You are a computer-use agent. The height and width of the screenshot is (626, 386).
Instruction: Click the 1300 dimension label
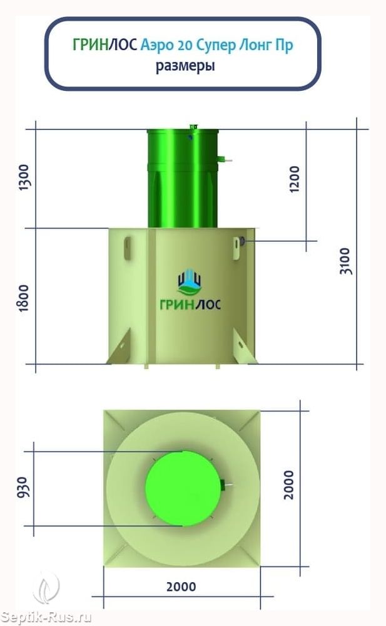click(24, 177)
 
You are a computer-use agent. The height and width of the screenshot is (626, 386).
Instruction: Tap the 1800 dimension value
click(24, 298)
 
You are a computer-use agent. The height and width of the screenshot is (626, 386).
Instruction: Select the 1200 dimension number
click(294, 179)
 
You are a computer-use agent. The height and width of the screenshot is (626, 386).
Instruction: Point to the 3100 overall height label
click(345, 261)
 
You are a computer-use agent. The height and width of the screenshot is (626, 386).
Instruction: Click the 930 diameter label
click(23, 488)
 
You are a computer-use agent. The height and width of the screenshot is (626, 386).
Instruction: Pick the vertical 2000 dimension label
click(288, 484)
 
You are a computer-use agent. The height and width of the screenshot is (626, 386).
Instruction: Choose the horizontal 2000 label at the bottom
click(181, 587)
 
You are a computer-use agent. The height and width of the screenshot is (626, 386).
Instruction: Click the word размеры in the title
click(185, 66)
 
